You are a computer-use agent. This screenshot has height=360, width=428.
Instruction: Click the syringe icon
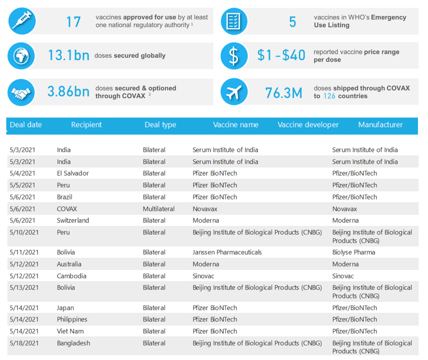click(22, 21)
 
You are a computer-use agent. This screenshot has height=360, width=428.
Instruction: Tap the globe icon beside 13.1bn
click(22, 56)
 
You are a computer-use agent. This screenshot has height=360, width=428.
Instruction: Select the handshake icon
click(22, 92)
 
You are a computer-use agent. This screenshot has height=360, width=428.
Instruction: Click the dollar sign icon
click(234, 56)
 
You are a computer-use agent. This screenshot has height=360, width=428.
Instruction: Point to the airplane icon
click(234, 92)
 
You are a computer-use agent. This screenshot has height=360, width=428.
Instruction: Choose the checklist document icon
click(234, 21)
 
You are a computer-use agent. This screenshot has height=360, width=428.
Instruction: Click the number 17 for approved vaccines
click(74, 22)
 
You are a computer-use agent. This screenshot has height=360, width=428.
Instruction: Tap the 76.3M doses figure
click(284, 93)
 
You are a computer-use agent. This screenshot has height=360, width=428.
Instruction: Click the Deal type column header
click(160, 125)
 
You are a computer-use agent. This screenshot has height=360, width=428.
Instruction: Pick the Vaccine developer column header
click(308, 125)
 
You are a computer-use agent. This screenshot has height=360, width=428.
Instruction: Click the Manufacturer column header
click(380, 125)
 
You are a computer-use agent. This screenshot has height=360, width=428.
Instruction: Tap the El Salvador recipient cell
click(73, 173)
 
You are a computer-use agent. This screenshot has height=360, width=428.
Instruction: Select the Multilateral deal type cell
click(158, 209)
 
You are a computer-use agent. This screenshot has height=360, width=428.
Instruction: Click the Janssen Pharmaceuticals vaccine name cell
click(227, 252)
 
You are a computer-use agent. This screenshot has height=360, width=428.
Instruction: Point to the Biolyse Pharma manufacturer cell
click(354, 252)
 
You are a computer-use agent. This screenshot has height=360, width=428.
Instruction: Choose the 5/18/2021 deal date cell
click(24, 343)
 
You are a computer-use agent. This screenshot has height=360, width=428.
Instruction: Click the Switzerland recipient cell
click(73, 221)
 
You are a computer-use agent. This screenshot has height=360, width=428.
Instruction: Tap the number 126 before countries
click(329, 96)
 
